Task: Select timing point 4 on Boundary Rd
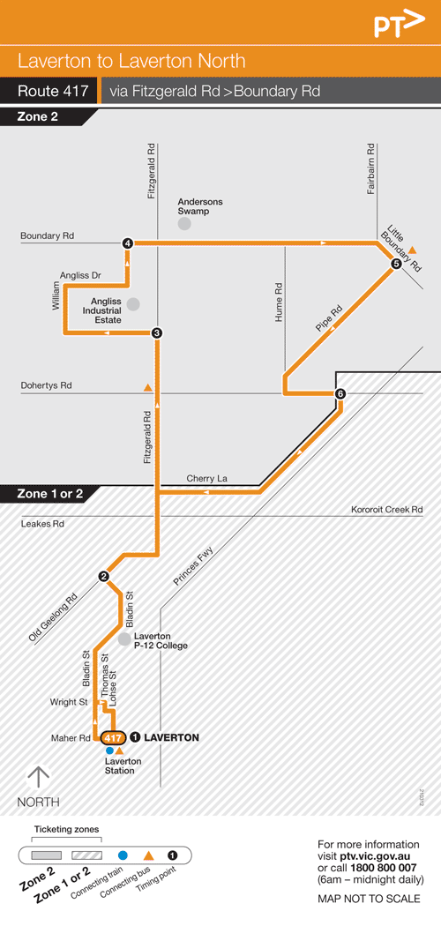tap(128, 243)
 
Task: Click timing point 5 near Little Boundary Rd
tap(396, 264)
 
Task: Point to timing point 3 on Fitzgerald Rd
tap(156, 332)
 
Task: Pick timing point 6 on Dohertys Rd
tap(340, 393)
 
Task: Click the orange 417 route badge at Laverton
tap(112, 738)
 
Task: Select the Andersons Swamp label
tap(200, 206)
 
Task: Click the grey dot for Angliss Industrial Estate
tap(133, 304)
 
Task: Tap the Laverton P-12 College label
tap(161, 640)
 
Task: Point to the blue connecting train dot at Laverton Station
tap(109, 751)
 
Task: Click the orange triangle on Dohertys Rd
tap(147, 387)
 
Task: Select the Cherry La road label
tap(206, 478)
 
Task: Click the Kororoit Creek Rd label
tap(386, 510)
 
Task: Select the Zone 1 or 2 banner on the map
tap(50, 494)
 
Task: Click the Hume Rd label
tap(279, 301)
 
